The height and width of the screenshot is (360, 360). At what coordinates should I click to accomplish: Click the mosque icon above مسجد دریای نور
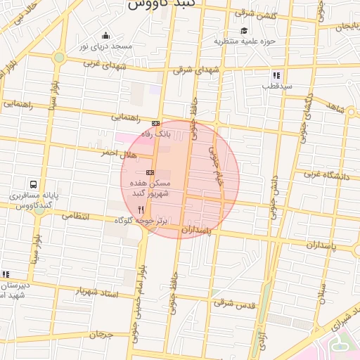(106, 36)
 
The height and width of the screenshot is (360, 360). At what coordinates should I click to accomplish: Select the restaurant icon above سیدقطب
(276, 75)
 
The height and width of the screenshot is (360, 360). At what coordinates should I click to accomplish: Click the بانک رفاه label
(157, 132)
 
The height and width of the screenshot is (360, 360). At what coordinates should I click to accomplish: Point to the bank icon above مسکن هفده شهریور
(150, 172)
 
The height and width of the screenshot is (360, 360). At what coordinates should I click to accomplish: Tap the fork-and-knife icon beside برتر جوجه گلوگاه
(141, 210)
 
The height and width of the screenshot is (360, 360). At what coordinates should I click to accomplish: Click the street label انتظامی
(76, 217)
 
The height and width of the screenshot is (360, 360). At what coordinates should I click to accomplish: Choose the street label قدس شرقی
(233, 303)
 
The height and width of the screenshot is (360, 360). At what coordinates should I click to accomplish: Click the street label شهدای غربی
(105, 65)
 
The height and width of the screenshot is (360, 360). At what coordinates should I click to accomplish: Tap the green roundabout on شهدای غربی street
(59, 57)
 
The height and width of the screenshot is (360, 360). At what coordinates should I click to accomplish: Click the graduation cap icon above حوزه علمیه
(244, 30)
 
